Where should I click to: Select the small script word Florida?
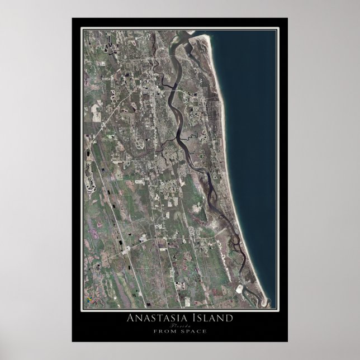click(179, 325)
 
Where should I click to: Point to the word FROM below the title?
click(165, 331)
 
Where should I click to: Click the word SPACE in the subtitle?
click(192, 331)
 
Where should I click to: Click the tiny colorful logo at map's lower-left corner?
click(88, 302)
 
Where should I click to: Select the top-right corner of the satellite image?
click(276, 30)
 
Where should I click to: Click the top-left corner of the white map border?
click(82, 28)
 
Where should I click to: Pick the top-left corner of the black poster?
click(72, 18)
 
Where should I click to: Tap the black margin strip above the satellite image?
click(179, 23)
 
